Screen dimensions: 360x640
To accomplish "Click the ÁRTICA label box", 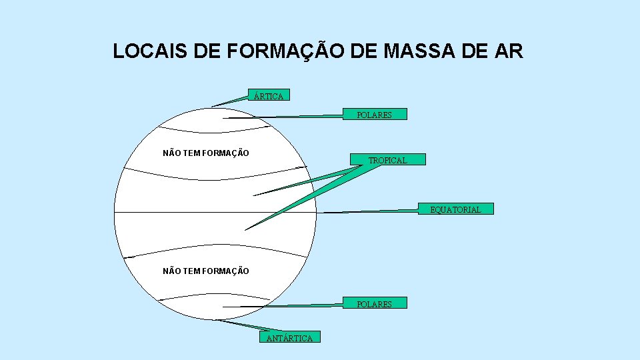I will click(x=269, y=95).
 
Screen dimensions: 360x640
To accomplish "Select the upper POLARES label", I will click(x=374, y=115).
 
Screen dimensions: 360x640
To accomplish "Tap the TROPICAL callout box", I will click(x=387, y=160).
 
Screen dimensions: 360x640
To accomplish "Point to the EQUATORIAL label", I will click(x=455, y=209).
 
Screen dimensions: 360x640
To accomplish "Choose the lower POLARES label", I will click(x=374, y=303).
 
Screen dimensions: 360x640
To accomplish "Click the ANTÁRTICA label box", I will click(x=289, y=338).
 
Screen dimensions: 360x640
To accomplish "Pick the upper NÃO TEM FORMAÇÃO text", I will click(x=206, y=153).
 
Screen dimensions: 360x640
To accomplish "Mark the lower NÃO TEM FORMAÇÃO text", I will click(x=206, y=271).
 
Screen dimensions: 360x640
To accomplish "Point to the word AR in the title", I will click(x=509, y=51).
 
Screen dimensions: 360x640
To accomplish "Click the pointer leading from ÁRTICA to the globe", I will click(x=230, y=101).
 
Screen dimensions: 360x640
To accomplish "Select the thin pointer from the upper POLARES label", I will click(x=287, y=117).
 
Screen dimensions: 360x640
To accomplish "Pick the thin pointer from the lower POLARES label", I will click(x=287, y=306).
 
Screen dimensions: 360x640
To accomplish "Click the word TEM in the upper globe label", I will click(x=191, y=153).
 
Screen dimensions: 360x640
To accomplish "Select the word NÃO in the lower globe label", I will click(x=172, y=271).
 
